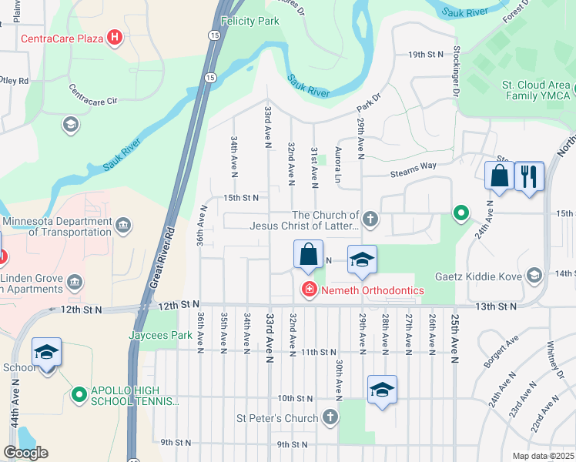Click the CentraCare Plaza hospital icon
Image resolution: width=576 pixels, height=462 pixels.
click(x=115, y=37)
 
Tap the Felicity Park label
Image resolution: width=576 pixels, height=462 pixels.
click(x=249, y=22)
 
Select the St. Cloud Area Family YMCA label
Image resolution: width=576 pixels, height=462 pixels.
click(x=537, y=90)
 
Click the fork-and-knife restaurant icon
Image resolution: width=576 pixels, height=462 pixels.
click(x=529, y=176)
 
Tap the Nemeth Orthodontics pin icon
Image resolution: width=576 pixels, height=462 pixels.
click(x=308, y=290)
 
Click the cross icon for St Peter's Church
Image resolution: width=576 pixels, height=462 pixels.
click(x=330, y=418)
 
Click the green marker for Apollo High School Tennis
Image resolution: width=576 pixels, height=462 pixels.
click(x=79, y=395)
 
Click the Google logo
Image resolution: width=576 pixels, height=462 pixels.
click(x=25, y=453)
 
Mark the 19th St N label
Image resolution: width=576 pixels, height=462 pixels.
click(x=427, y=55)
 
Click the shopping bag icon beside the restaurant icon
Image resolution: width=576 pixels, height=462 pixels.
click(x=499, y=176)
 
